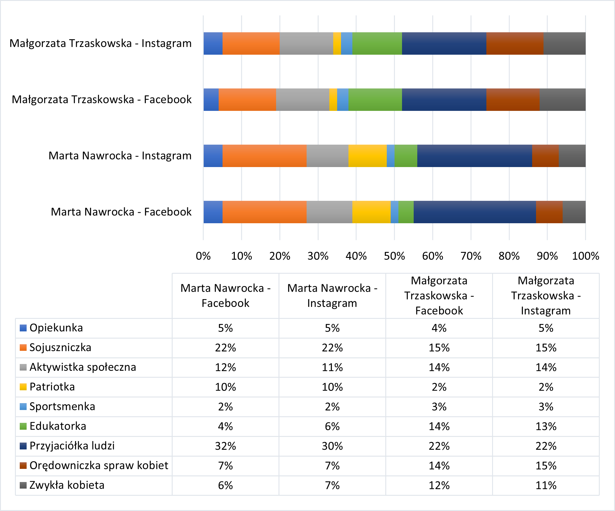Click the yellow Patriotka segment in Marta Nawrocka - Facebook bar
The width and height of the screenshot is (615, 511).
pos(371,212)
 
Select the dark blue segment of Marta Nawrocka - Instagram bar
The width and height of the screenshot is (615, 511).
pos(474,156)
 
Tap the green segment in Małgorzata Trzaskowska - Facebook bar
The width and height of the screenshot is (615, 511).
pos(375,100)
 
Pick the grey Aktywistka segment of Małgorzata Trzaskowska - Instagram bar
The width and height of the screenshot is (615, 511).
pos(306,43)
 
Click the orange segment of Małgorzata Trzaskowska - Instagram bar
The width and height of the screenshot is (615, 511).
pos(251,43)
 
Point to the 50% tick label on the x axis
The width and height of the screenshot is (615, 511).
pos(394,256)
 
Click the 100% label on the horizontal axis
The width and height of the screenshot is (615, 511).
pos(585,256)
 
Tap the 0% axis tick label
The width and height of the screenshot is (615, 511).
pos(203,256)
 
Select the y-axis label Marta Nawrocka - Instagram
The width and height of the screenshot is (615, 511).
pos(120,156)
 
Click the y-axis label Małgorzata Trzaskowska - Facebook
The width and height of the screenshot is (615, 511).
pos(102,100)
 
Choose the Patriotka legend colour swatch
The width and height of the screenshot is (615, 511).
pos(23,387)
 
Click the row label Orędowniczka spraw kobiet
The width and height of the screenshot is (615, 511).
pos(99,466)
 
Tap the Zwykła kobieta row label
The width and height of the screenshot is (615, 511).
pos(67,485)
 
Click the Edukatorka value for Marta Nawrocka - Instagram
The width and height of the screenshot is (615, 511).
pos(332,426)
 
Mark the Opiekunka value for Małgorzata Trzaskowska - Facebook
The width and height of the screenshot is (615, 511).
pos(439,328)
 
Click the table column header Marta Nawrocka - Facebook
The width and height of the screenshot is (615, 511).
pos(225,296)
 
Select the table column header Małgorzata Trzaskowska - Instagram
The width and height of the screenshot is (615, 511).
pos(546,296)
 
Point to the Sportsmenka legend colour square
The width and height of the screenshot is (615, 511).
pos(23,407)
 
